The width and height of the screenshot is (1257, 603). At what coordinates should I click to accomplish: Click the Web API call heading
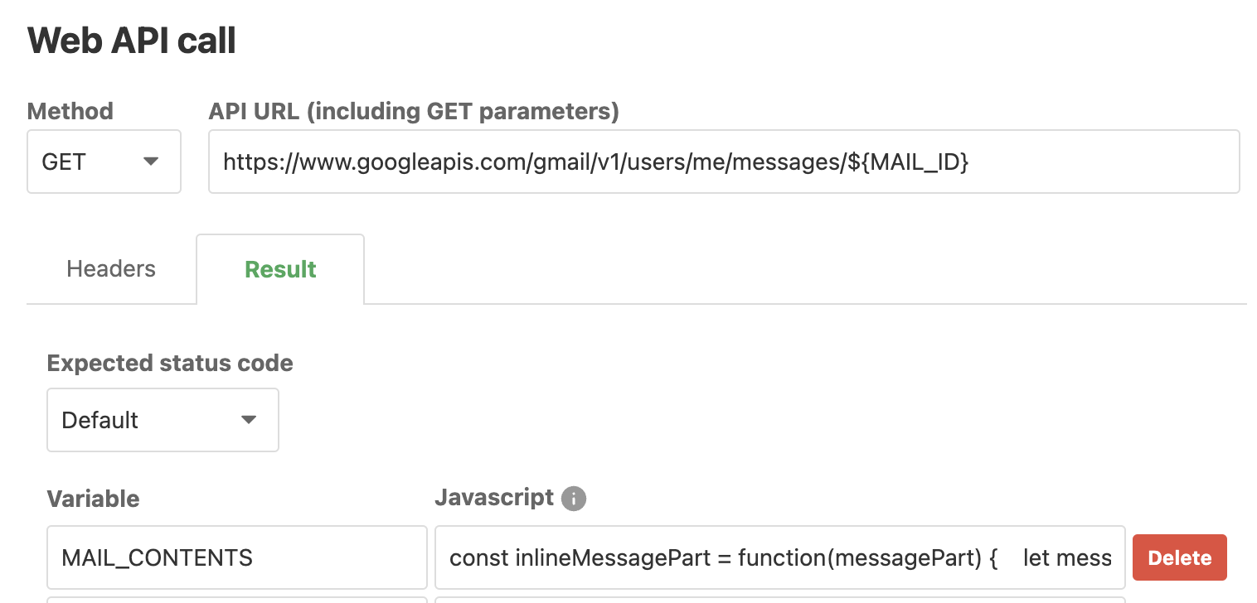(132, 41)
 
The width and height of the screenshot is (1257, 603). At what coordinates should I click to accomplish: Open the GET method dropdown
(104, 162)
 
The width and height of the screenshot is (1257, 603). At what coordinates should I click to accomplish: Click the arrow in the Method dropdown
(151, 162)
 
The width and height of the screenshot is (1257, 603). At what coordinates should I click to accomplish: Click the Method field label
(70, 111)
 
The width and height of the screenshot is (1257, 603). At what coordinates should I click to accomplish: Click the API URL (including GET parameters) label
(414, 111)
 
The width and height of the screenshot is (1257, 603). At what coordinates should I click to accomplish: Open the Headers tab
(111, 269)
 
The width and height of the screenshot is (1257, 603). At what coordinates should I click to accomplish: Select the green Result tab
(280, 269)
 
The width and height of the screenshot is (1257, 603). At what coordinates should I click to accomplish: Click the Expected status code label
(170, 363)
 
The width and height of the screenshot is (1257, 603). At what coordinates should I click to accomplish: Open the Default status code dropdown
(162, 420)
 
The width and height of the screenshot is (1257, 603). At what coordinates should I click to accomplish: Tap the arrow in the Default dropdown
(248, 420)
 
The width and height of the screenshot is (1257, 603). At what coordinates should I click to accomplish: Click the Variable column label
(93, 498)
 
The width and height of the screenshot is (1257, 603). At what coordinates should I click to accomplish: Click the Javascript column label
(494, 497)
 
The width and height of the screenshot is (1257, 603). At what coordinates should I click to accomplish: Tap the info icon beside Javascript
(573, 499)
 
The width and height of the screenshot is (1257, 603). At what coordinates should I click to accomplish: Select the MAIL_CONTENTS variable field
(236, 557)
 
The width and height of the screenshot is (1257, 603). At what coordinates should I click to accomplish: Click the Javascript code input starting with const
(779, 557)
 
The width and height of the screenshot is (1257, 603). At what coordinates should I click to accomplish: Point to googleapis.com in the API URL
(436, 162)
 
